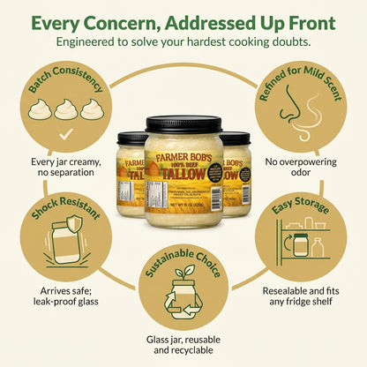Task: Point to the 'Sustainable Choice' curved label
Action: [183, 262]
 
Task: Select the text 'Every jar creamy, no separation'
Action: [67, 168]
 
